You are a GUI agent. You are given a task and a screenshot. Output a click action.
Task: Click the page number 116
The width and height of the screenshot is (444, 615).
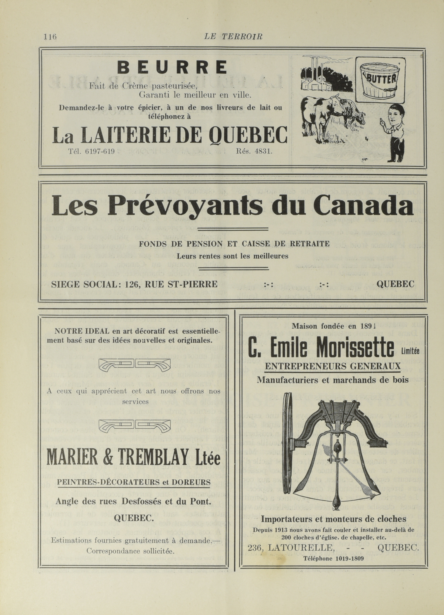(x=50, y=37)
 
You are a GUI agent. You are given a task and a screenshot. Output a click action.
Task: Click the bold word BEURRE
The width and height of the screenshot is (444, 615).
(x=172, y=67)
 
